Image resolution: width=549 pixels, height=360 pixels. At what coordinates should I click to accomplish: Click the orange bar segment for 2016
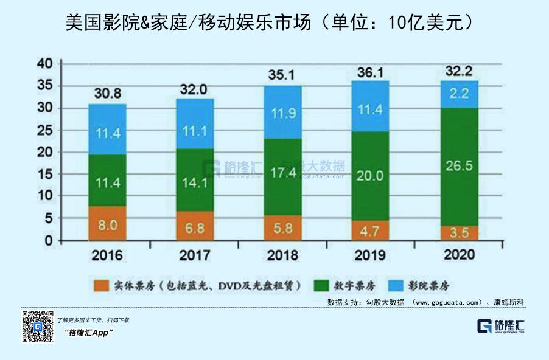107,223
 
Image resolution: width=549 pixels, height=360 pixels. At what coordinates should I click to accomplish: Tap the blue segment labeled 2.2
460,94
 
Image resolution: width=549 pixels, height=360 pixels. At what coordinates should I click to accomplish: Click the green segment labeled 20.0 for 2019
371,176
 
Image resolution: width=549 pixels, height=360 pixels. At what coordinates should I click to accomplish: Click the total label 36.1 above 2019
371,72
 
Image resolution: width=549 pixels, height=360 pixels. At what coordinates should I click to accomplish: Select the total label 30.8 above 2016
107,94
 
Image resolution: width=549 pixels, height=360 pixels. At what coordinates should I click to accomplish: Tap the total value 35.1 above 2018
283,75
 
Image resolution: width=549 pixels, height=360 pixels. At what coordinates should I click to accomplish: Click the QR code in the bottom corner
38,327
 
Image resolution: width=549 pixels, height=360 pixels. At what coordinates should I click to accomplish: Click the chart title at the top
274,22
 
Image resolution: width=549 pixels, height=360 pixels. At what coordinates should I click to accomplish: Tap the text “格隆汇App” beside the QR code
89,333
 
